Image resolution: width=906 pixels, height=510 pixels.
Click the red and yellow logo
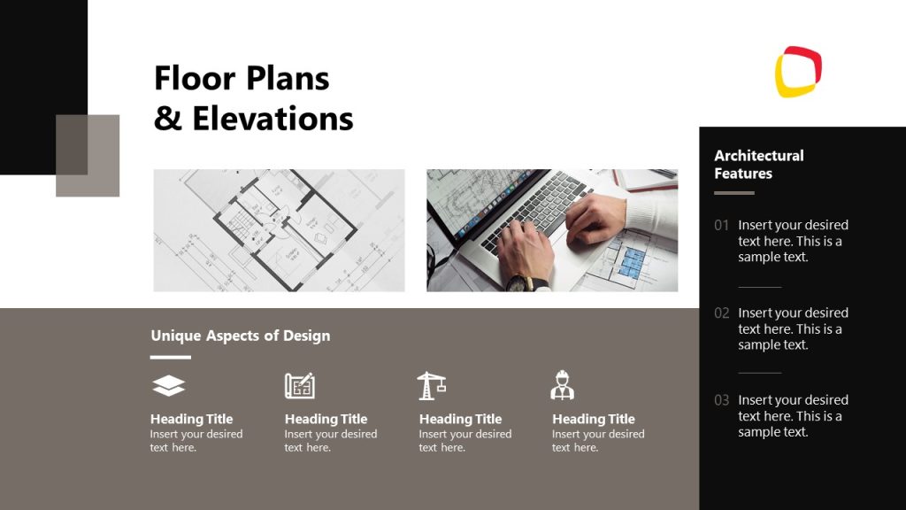(799, 72)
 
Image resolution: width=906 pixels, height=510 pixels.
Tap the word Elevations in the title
(273, 119)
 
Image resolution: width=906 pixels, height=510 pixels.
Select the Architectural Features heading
(758, 164)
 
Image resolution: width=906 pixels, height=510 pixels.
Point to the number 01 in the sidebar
(722, 225)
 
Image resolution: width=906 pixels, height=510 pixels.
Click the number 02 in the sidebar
(722, 313)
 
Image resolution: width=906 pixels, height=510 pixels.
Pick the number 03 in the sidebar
(722, 400)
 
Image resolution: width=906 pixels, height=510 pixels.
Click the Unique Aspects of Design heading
(240, 336)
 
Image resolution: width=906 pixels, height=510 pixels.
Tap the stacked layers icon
(169, 385)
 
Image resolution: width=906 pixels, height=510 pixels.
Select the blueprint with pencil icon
(300, 385)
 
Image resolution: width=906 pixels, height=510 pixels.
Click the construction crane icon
(431, 385)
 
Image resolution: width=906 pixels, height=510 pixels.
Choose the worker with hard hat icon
(562, 385)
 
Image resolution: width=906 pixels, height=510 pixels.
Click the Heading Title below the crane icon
(460, 419)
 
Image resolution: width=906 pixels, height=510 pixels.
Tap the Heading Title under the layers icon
(191, 419)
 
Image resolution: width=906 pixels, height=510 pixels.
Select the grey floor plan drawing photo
(279, 230)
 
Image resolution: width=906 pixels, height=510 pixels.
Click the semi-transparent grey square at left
(88, 156)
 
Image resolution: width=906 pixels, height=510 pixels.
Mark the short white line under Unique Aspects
(170, 358)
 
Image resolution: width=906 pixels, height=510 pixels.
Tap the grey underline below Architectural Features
(734, 193)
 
